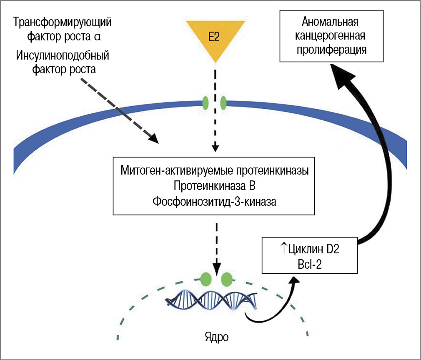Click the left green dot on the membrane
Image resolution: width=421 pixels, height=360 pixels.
tap(205, 102)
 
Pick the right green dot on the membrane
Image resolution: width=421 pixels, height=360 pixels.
tap(223, 102)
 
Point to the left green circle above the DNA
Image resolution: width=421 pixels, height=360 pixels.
tap(205, 279)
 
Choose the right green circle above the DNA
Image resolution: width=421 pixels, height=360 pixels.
tap(226, 279)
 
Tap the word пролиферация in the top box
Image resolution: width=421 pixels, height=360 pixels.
tap(331, 50)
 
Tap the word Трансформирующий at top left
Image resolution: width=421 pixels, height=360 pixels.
tap(63, 21)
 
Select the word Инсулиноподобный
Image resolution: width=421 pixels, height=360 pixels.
tap(62, 55)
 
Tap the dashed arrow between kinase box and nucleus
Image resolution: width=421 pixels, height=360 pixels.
tap(216, 246)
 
